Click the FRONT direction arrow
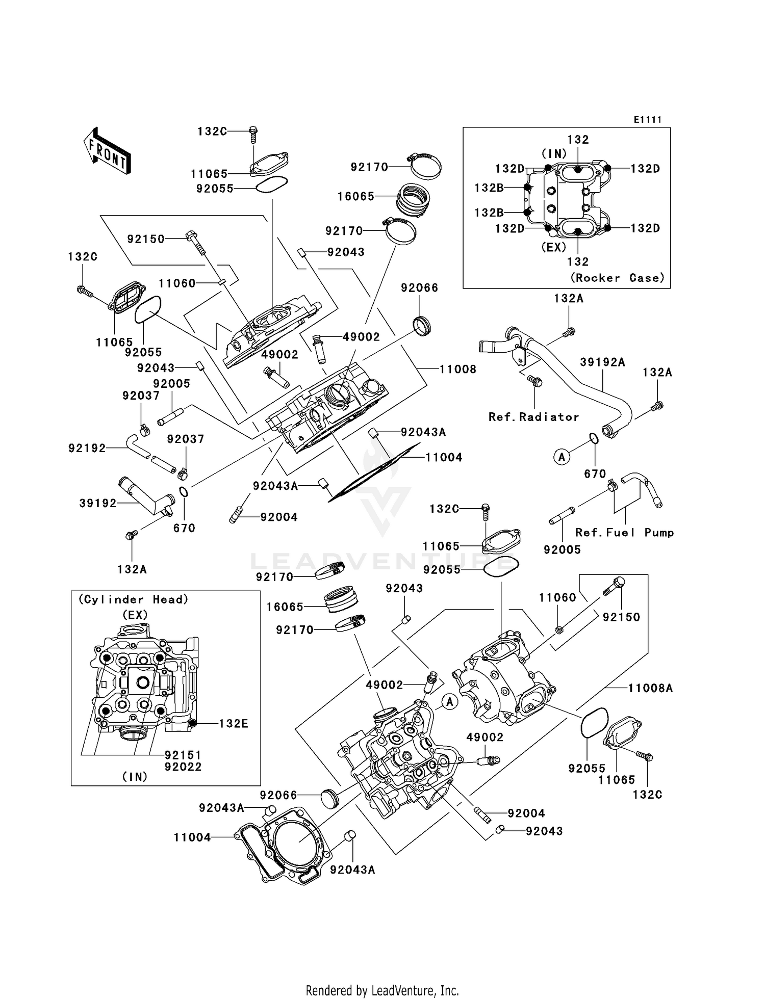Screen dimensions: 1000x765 (107, 152)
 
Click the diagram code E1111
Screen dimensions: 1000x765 (647, 120)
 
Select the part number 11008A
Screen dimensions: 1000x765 (650, 689)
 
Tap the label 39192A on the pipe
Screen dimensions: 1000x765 (602, 362)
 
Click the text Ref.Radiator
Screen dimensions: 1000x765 (533, 417)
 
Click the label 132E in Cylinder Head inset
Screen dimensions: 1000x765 (234, 723)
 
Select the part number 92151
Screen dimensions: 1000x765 (183, 755)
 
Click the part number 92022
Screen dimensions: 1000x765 (183, 767)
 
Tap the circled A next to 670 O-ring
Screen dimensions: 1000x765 (562, 457)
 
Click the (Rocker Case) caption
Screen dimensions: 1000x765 (617, 278)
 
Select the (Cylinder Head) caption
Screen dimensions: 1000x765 (133, 600)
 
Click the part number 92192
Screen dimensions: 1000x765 (87, 449)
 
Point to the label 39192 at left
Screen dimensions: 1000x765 (98, 504)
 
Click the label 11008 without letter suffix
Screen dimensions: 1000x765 (457, 369)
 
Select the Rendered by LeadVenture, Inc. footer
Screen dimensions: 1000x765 (382, 990)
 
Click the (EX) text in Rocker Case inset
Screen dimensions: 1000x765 (553, 247)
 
